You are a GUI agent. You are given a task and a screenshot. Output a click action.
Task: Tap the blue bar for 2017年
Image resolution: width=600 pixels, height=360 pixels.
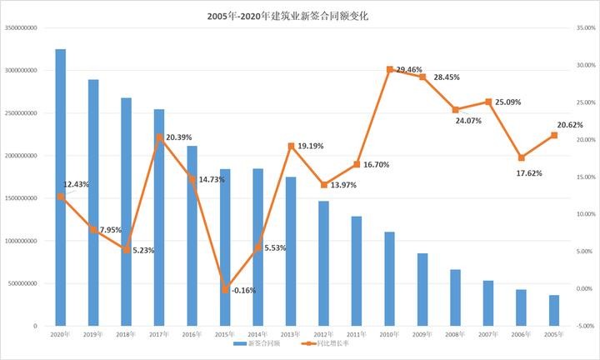click(159, 217)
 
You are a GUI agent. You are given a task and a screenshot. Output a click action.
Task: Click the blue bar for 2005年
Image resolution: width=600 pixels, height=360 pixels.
click(554, 310)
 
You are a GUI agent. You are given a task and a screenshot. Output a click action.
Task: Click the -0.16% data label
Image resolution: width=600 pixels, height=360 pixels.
click(243, 291)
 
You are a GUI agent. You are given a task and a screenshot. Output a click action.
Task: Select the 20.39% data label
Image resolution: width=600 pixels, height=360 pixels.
click(181, 137)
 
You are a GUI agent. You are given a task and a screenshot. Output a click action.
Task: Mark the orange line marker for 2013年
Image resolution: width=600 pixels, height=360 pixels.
click(291, 146)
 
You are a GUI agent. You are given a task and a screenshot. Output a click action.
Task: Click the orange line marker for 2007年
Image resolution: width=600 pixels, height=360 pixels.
click(488, 102)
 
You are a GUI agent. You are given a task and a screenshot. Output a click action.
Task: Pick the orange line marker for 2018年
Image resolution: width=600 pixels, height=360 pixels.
click(126, 249)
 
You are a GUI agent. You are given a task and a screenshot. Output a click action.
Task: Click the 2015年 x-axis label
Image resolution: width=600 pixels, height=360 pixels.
click(225, 333)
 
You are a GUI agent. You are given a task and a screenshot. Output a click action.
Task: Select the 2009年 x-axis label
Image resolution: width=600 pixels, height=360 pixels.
click(422, 333)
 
